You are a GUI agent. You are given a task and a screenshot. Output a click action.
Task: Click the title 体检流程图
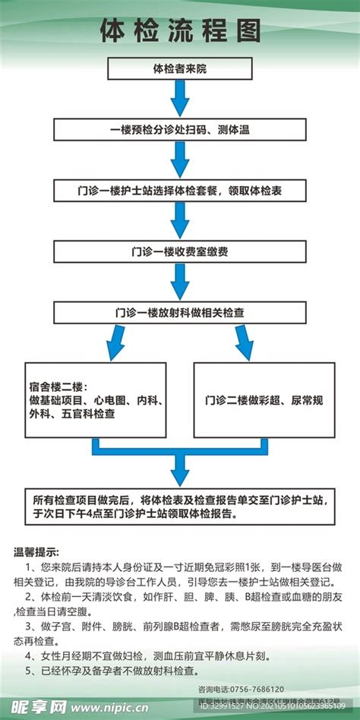click(180, 32)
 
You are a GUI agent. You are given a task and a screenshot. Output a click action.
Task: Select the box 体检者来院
click(180, 69)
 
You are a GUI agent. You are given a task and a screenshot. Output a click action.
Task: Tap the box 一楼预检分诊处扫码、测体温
click(180, 130)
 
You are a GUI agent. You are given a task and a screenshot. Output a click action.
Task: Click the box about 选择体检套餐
click(180, 190)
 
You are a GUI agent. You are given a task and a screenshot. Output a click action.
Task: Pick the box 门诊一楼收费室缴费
click(180, 251)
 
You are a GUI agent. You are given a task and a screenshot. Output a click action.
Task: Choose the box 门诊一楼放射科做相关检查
click(180, 311)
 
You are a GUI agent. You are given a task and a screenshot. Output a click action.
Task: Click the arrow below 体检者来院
click(180, 99)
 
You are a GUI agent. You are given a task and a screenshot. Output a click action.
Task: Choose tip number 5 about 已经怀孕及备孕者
click(114, 671)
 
